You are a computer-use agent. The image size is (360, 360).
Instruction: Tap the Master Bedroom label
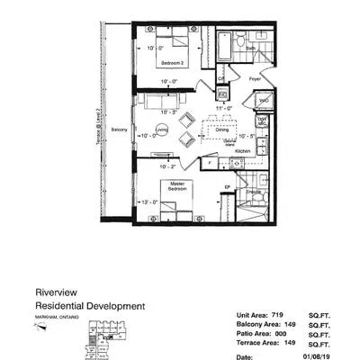(x=175, y=188)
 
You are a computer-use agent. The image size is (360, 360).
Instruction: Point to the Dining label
(x=221, y=130)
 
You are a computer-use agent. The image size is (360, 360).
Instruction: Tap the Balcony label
(x=118, y=130)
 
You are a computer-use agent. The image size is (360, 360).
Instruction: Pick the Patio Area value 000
(x=280, y=333)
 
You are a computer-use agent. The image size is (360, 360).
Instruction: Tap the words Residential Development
(x=89, y=306)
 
